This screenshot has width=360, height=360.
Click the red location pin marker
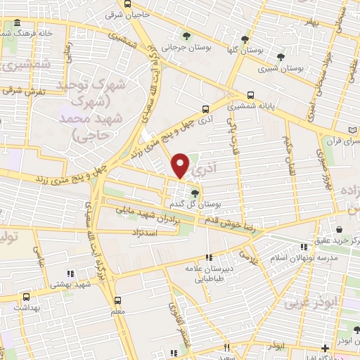click(181, 165)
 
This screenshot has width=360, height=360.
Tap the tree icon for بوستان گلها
click(245, 39)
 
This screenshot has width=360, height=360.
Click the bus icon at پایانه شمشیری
click(251, 95)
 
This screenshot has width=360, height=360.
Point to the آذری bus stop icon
click(205, 109)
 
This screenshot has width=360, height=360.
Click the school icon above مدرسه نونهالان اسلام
click(304, 247)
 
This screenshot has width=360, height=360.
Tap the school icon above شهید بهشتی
click(70, 274)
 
